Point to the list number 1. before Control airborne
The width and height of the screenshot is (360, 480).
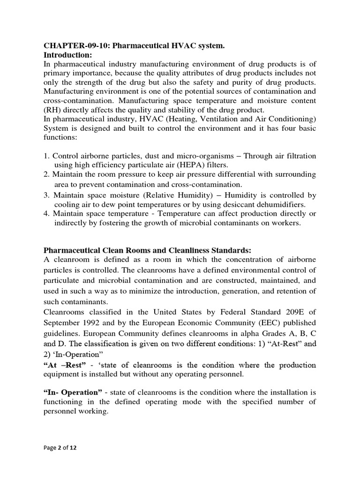coord(46,156)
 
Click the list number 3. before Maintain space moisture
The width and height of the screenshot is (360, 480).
coord(46,195)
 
